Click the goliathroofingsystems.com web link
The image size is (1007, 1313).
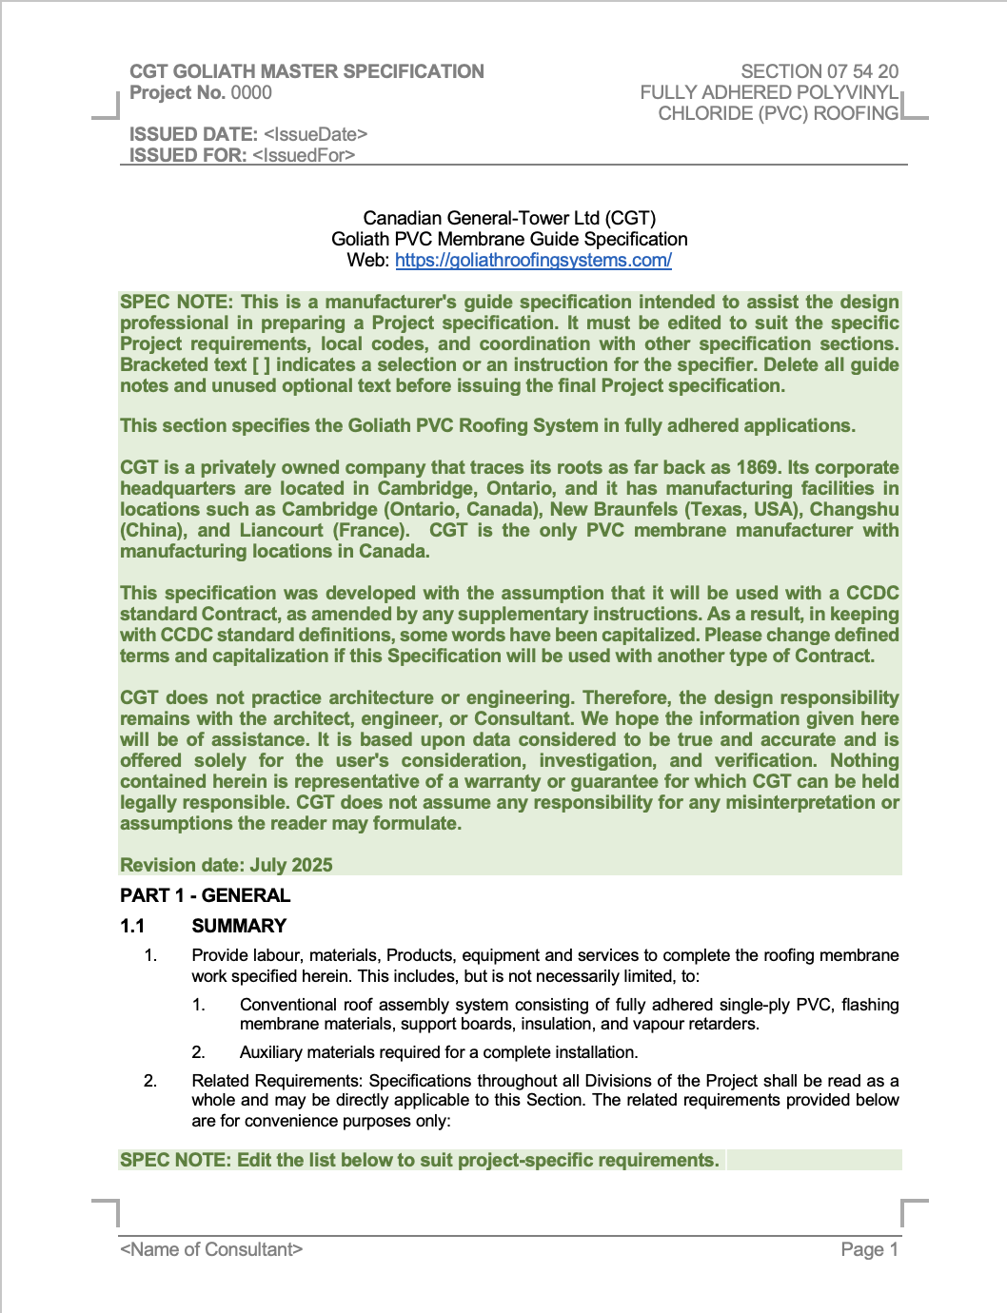tap(533, 261)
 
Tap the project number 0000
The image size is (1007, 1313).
tap(251, 93)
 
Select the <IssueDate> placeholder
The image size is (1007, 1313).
tap(315, 135)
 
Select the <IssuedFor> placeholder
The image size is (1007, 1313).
tap(304, 156)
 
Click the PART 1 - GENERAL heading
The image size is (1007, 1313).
tap(205, 895)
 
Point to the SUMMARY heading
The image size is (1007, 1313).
tap(239, 926)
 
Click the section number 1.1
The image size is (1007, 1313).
tap(132, 926)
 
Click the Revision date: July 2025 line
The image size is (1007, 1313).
tap(227, 865)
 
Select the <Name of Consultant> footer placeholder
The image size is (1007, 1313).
tap(211, 1249)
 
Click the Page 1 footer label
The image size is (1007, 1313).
tap(869, 1249)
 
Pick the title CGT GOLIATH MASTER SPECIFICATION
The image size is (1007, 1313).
tap(306, 71)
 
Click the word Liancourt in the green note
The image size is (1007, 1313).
tap(282, 530)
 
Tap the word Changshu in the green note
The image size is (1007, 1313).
tap(854, 509)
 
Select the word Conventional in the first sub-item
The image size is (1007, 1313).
tap(287, 1005)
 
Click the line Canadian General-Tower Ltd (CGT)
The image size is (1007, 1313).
tap(509, 219)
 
